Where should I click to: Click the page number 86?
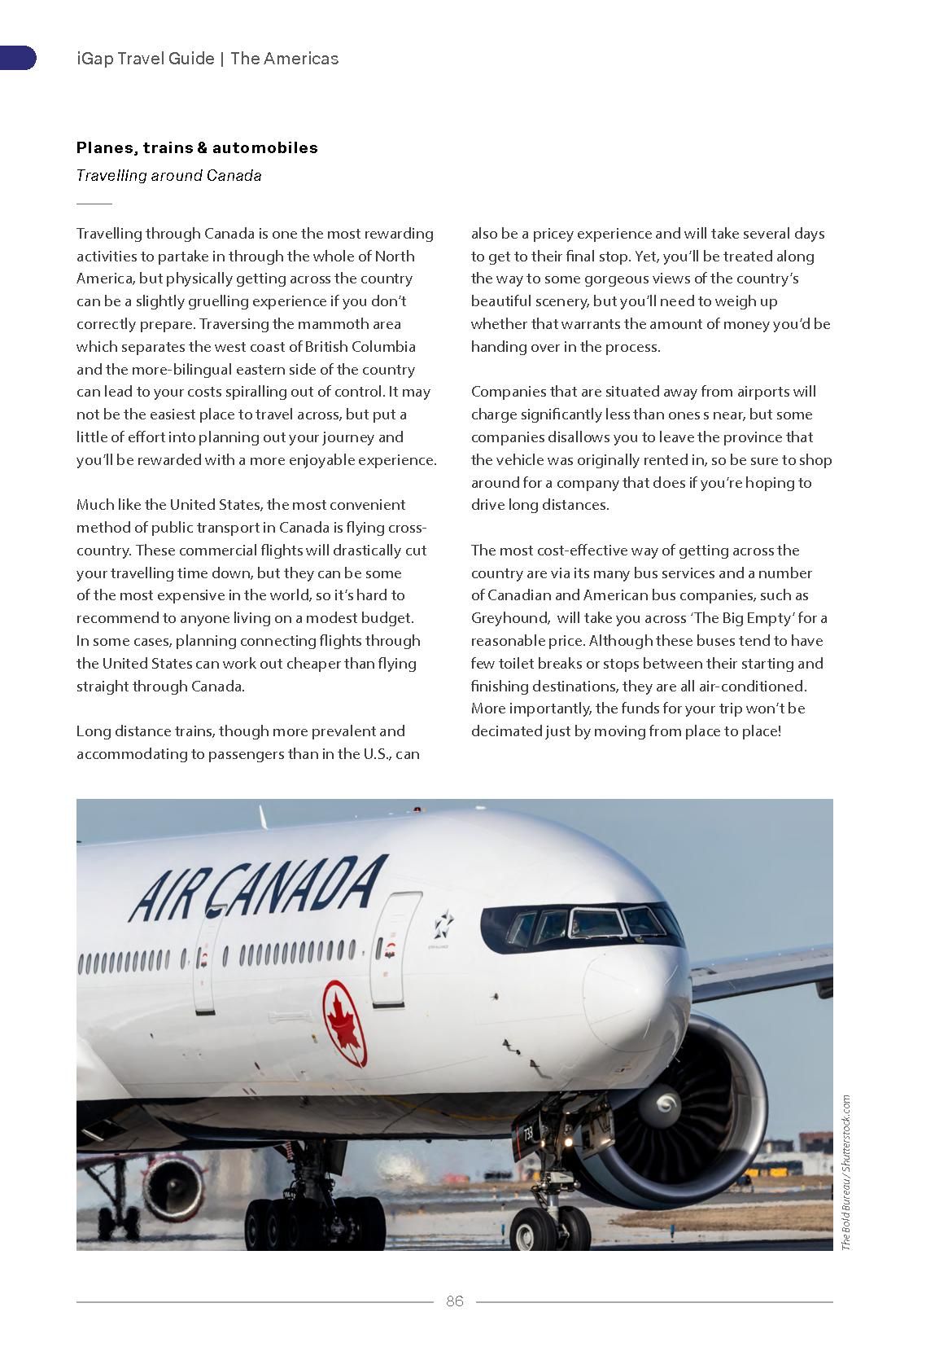click(x=454, y=1301)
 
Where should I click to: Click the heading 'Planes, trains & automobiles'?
click(x=197, y=147)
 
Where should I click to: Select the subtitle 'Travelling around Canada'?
click(x=168, y=175)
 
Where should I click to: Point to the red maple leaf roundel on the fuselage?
click(x=344, y=1023)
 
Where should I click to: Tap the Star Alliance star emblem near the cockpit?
click(x=443, y=924)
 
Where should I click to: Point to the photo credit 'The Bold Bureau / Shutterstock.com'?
click(x=846, y=1172)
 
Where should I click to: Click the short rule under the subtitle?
click(x=94, y=203)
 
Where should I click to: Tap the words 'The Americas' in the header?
click(x=284, y=59)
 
